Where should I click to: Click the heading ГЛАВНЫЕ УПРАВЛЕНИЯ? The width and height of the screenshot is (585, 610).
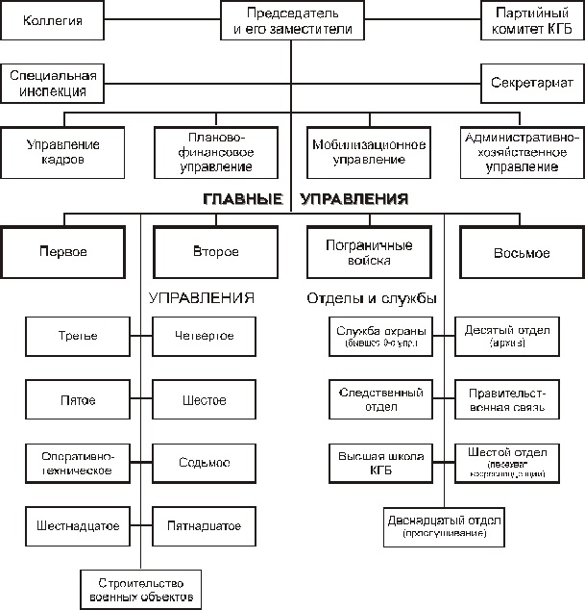coord(305,199)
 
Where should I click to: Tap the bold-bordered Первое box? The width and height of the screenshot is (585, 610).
coord(63,253)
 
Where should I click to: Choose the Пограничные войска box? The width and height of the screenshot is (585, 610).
coord(369,253)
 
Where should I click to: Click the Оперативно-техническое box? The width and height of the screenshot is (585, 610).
coord(77,463)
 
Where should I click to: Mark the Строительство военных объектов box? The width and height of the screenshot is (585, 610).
coord(140,590)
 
